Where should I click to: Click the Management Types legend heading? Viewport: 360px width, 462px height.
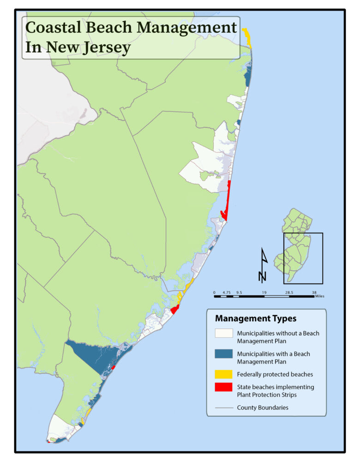[256, 318]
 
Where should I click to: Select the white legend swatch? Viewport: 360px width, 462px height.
[223, 336]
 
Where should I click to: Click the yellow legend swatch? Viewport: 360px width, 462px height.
[223, 373]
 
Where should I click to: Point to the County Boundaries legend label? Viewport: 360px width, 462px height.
[263, 407]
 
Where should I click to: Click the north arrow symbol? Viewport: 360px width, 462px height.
[263, 266]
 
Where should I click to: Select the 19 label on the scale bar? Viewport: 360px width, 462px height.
[264, 292]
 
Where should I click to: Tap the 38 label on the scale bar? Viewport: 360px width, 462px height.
[314, 292]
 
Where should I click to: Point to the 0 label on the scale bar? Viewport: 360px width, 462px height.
[214, 292]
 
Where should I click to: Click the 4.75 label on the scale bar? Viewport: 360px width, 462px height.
[226, 292]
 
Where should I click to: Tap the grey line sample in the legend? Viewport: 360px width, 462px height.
[223, 407]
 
